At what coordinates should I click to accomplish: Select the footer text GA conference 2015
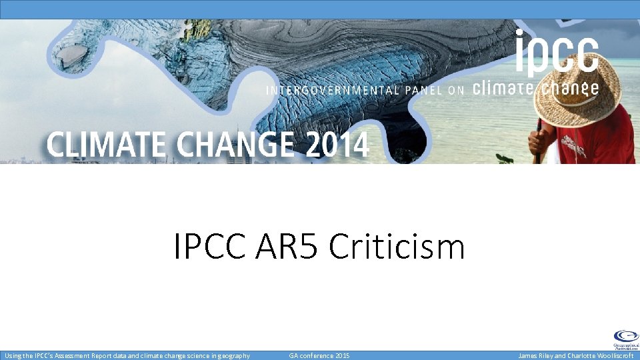[319, 356]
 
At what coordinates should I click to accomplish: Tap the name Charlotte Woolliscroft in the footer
[597, 356]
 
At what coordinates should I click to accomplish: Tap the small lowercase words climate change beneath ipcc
[535, 89]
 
